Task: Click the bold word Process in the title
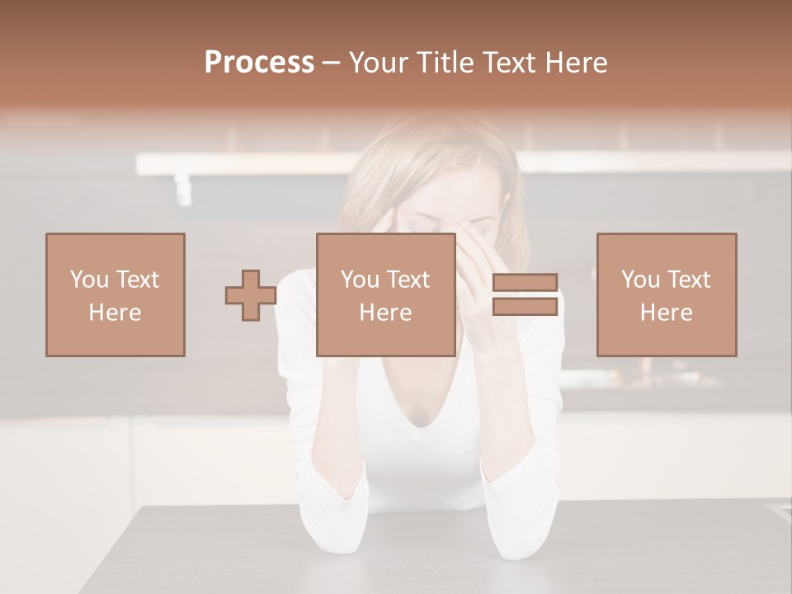click(x=259, y=63)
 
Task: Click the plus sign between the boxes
click(x=251, y=295)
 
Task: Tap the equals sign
click(x=525, y=295)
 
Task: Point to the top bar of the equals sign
click(x=525, y=283)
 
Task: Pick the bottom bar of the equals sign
click(x=525, y=307)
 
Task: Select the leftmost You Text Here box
click(x=115, y=295)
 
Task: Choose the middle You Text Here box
click(x=386, y=295)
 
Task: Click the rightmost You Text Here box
click(x=667, y=295)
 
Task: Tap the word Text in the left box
click(x=137, y=280)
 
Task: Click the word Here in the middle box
click(x=386, y=313)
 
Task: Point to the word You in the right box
click(x=640, y=280)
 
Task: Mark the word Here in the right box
click(x=667, y=313)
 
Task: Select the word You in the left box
click(x=89, y=280)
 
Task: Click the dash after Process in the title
click(x=332, y=63)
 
